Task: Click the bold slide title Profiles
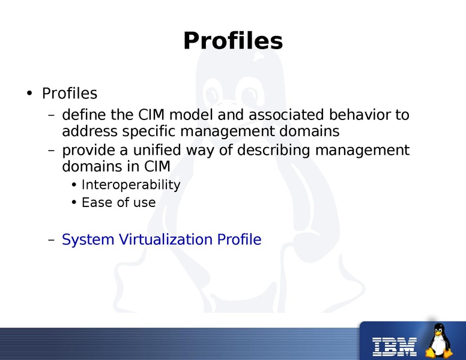coord(232,41)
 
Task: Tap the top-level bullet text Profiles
coord(69,94)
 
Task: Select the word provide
coord(86,149)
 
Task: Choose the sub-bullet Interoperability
coord(131,185)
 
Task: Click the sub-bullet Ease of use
coord(118,203)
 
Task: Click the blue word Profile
coord(239,240)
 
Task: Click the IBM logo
coord(395,344)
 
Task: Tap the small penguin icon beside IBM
coord(440,340)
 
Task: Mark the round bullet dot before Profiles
coord(29,94)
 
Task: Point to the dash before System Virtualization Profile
coord(51,240)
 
